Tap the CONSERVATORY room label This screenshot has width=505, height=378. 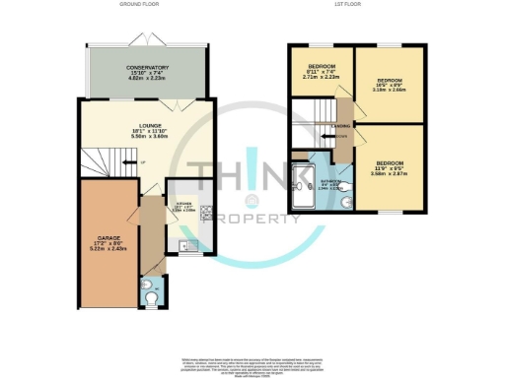(x=146, y=72)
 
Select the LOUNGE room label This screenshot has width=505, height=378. (x=148, y=129)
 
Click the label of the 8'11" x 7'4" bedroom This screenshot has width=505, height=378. (x=318, y=71)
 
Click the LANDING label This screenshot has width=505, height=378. (x=339, y=126)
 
